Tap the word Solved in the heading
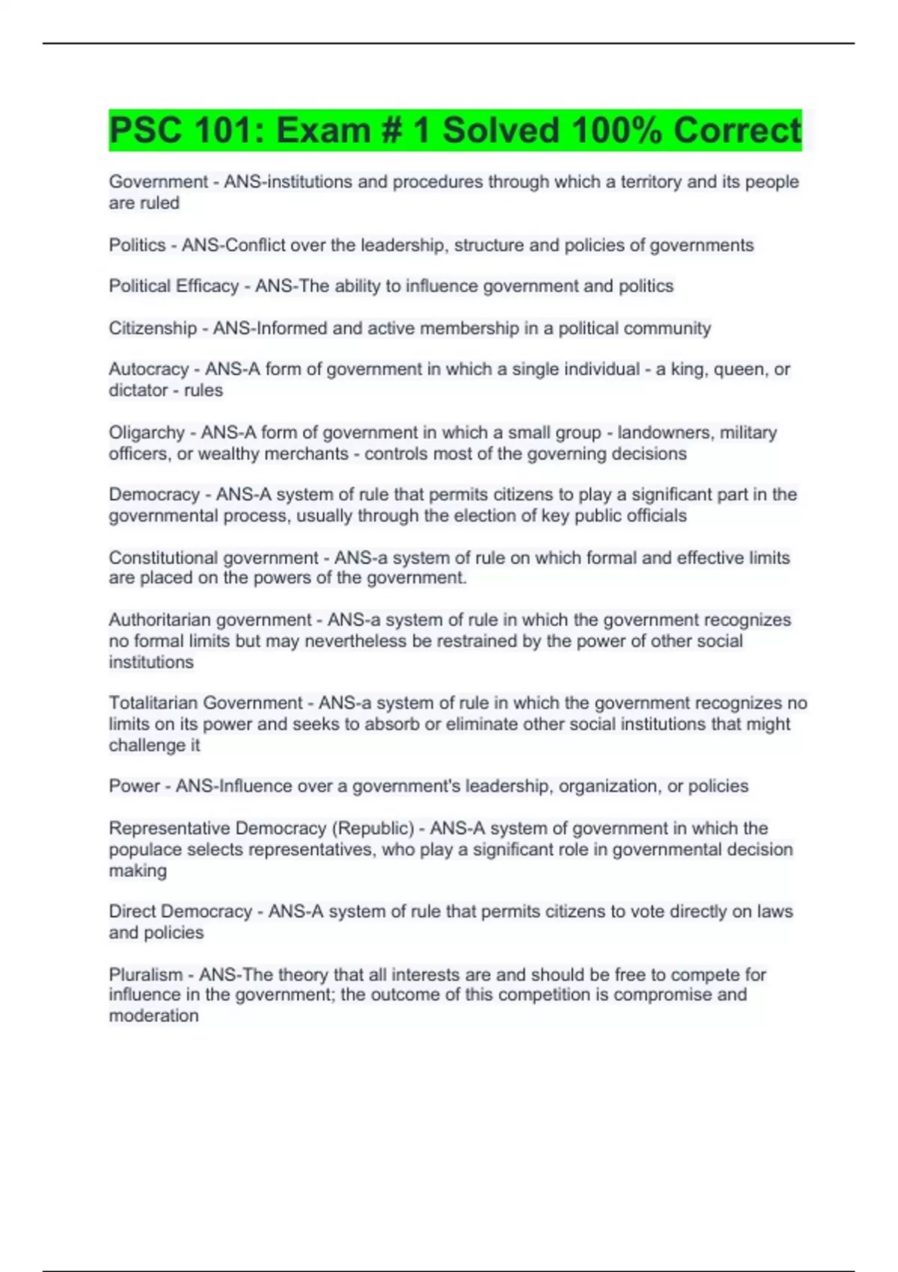(x=501, y=131)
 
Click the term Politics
(x=137, y=245)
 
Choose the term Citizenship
(x=153, y=328)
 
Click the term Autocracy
(x=149, y=370)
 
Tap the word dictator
(x=138, y=391)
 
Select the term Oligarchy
(x=147, y=432)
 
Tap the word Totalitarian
(x=153, y=703)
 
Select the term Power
(x=134, y=786)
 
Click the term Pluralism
(x=146, y=975)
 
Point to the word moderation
(x=154, y=1016)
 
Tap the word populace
(x=145, y=850)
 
